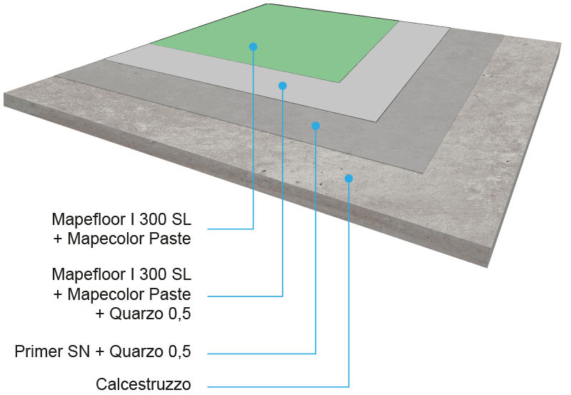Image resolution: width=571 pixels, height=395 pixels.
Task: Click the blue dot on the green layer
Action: (x=253, y=46)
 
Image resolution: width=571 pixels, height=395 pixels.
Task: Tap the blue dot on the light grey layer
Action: (x=283, y=86)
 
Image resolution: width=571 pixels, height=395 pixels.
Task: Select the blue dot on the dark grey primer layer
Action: (x=315, y=126)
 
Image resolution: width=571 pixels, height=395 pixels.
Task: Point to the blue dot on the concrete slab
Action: (x=349, y=178)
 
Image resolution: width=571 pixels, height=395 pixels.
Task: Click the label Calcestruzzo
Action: (x=143, y=384)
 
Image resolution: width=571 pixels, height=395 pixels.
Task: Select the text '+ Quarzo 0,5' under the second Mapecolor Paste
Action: (x=143, y=314)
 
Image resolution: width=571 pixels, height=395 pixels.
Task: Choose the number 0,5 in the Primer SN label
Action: (x=180, y=351)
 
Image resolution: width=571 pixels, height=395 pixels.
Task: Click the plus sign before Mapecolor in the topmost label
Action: (x=58, y=239)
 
